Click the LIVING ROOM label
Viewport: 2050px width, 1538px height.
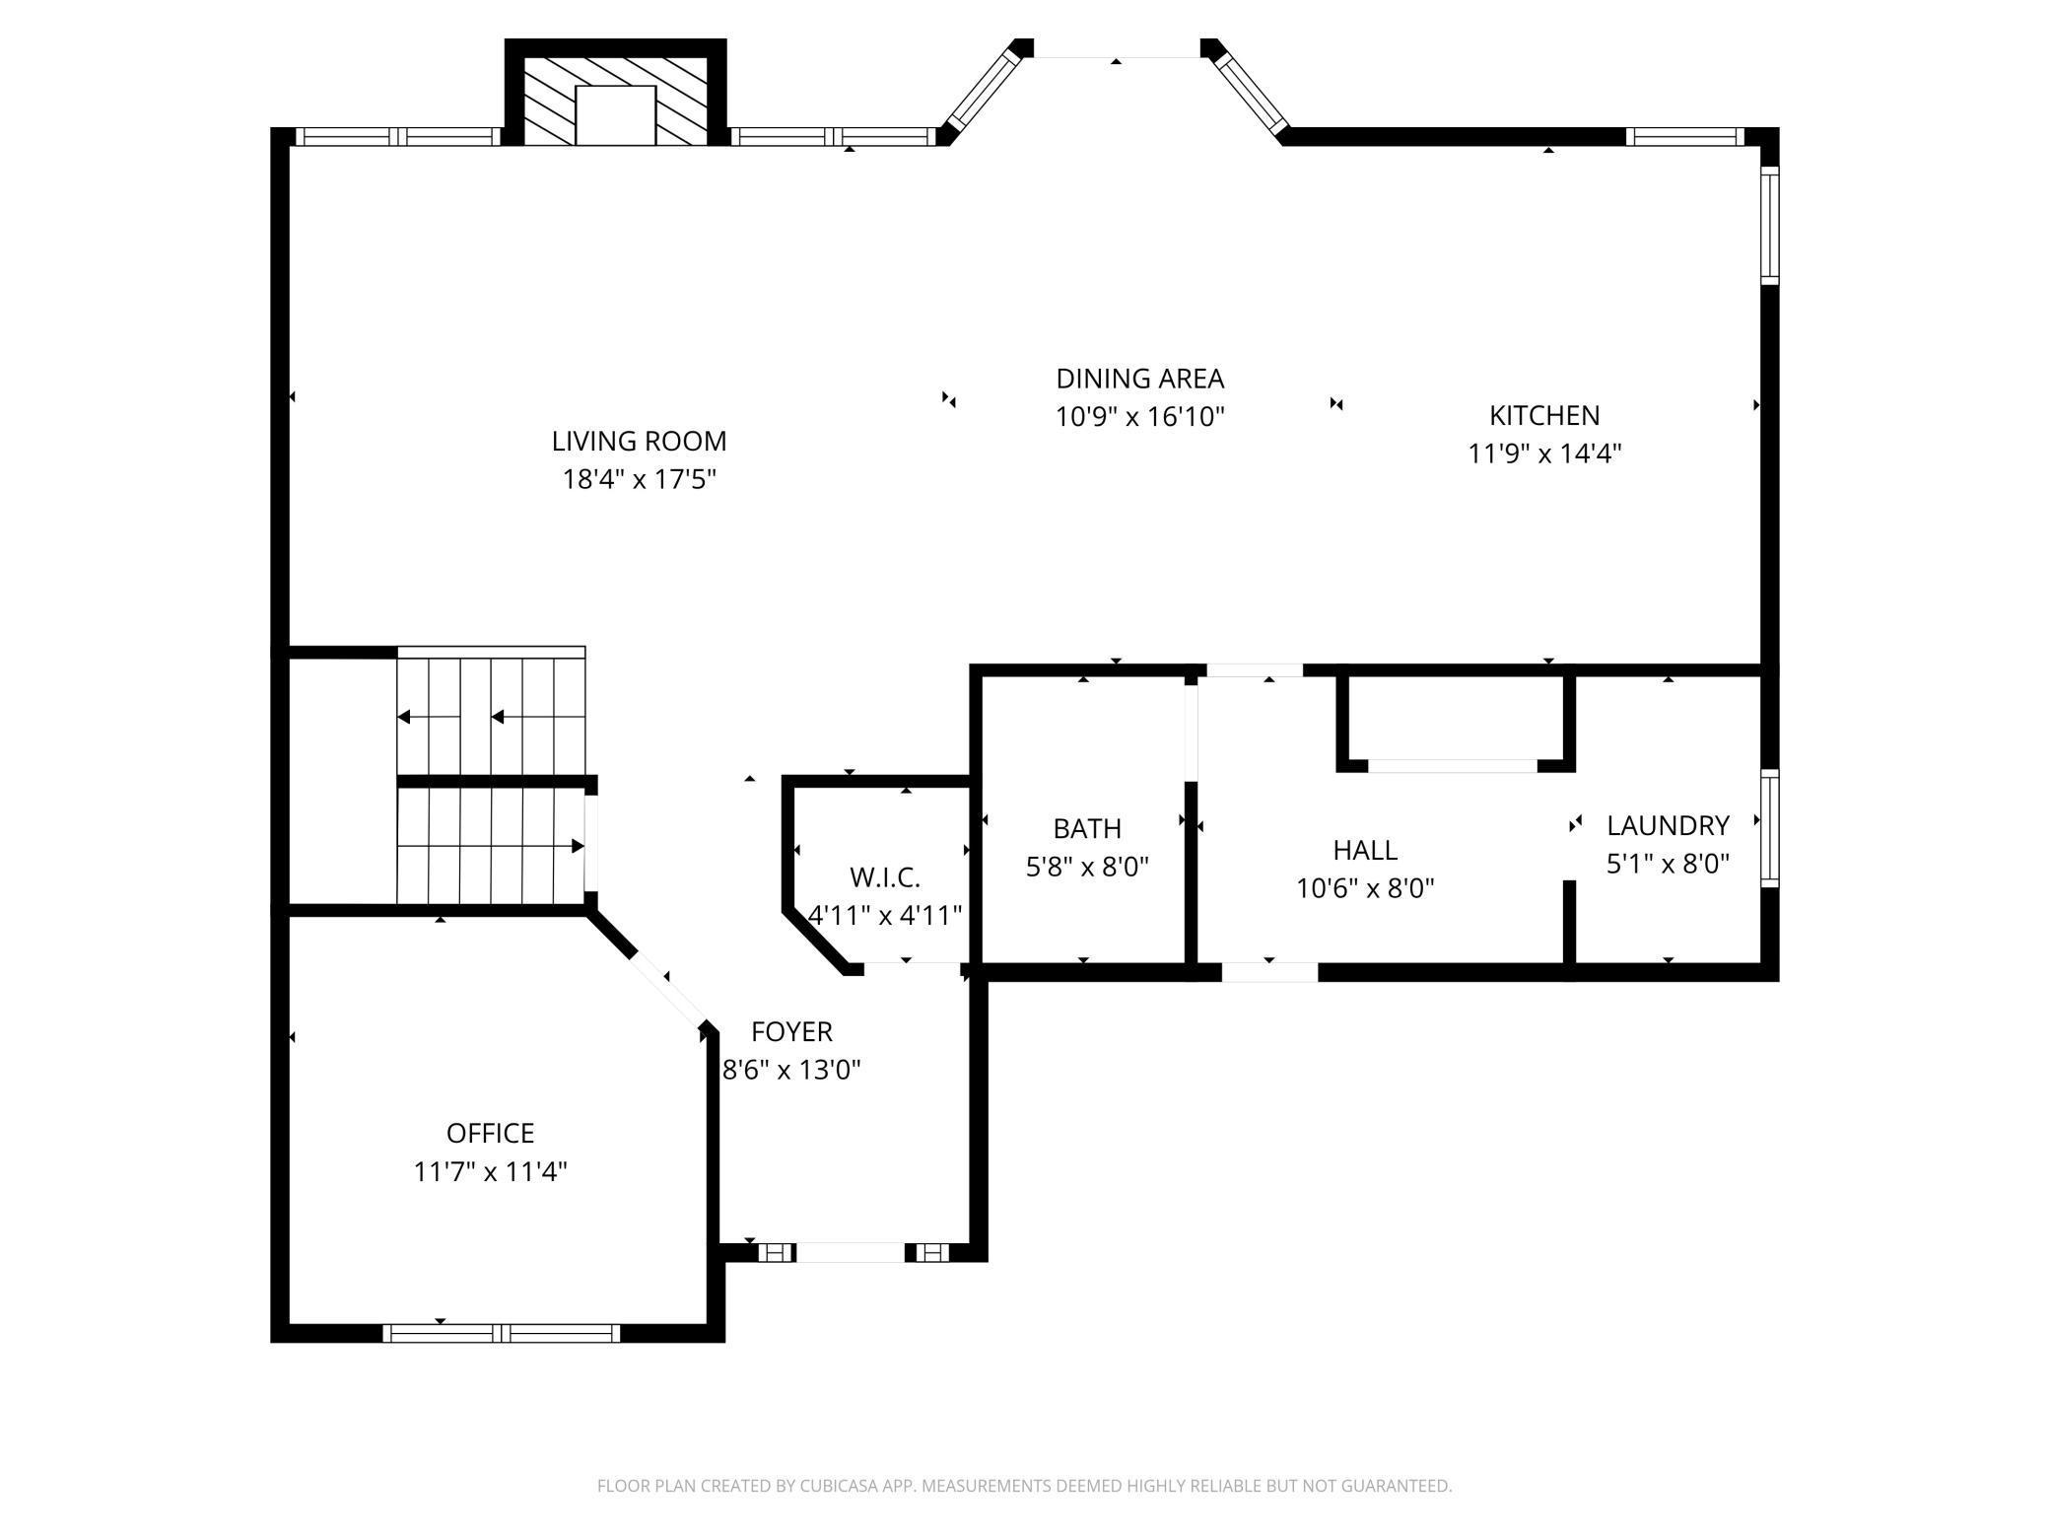(639, 441)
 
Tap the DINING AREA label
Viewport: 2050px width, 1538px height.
(1139, 379)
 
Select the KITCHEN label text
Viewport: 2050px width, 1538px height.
(1544, 415)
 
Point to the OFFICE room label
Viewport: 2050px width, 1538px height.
(490, 1133)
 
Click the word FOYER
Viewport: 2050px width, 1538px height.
(791, 1031)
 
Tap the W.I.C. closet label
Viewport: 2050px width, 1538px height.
(885, 876)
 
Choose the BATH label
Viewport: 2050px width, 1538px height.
(1087, 828)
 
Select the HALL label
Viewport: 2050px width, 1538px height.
(1365, 850)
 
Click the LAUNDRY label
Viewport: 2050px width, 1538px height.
(1668, 825)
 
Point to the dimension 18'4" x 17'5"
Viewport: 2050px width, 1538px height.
(639, 479)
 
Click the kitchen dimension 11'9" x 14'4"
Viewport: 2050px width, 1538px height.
(1544, 454)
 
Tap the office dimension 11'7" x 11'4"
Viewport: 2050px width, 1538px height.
(490, 1171)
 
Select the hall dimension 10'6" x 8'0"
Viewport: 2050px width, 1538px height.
(1365, 888)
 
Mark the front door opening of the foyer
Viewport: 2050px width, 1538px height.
(850, 1252)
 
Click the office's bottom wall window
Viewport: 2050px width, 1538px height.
(502, 1333)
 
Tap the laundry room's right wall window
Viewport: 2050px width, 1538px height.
(1770, 828)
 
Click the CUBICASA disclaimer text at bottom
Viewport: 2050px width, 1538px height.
(1025, 1485)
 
